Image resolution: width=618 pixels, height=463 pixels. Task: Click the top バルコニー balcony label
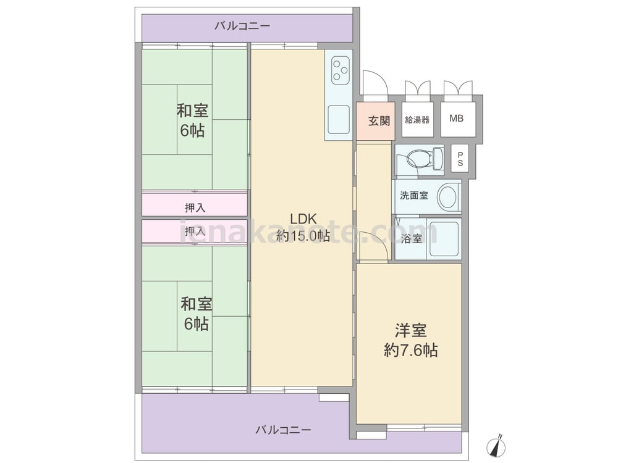click(x=242, y=27)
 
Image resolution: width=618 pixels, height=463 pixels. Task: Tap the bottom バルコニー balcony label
click(x=284, y=430)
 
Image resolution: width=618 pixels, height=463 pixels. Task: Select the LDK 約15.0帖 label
click(x=303, y=227)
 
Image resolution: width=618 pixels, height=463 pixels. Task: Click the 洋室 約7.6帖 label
click(x=411, y=340)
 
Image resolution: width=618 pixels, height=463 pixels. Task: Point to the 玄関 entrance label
click(x=379, y=120)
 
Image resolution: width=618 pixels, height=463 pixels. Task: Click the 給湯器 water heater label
click(x=417, y=120)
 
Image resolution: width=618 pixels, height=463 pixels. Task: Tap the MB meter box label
click(x=457, y=118)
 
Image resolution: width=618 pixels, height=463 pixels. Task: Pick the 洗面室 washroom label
click(x=414, y=195)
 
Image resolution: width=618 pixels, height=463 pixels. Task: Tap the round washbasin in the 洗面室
click(x=449, y=196)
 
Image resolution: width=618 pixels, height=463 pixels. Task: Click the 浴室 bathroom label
click(x=412, y=238)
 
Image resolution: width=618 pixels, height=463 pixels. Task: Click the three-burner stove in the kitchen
click(x=340, y=71)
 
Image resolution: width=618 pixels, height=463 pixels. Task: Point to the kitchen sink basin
click(x=339, y=119)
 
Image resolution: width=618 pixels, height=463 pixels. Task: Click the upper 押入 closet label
click(x=195, y=207)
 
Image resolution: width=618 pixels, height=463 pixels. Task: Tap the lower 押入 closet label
click(x=195, y=231)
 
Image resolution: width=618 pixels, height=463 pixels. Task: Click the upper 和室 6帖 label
click(x=192, y=120)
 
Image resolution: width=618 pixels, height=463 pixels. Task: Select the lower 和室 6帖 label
click(x=197, y=314)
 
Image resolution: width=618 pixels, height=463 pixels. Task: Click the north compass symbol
click(x=497, y=446)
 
